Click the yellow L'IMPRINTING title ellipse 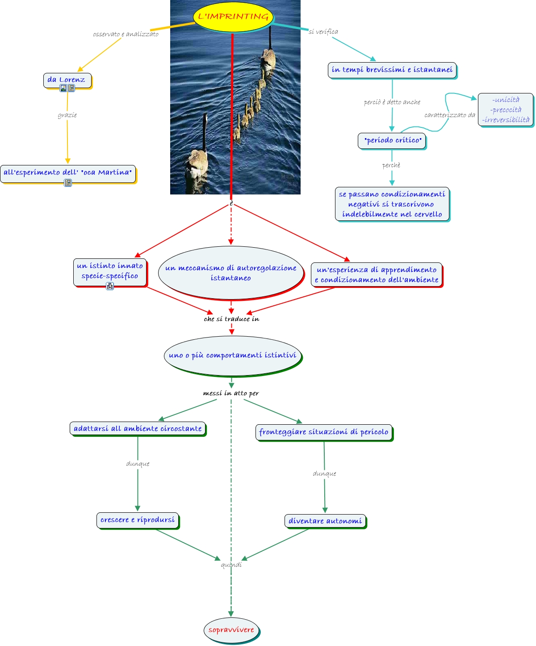click(233, 17)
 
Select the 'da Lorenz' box click(67, 80)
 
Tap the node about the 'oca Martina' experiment click(68, 173)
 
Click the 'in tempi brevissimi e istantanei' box click(392, 70)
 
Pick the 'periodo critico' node click(392, 140)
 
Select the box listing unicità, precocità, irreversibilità click(506, 110)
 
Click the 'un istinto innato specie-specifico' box click(110, 271)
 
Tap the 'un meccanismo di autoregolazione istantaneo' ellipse click(230, 273)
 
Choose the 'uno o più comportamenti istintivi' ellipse click(232, 355)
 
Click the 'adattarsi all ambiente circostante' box click(138, 428)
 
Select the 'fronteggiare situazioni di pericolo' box click(324, 432)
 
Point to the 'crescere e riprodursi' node click(138, 520)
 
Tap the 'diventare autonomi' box click(325, 521)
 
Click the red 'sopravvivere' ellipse click(231, 630)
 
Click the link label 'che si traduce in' click(231, 319)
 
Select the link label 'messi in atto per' click(231, 393)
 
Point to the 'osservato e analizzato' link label click(126, 34)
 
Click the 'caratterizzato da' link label click(449, 115)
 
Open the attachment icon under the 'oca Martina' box click(68, 183)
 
